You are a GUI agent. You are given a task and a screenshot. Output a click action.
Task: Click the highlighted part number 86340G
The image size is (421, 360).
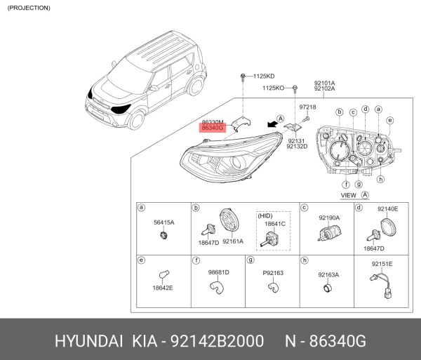click(x=213, y=128)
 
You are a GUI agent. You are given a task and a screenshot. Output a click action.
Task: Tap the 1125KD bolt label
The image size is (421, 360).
click(x=264, y=76)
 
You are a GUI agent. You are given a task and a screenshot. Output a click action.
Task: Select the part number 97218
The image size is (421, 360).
click(x=308, y=107)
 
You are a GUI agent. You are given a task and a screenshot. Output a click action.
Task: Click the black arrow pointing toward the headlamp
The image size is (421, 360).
click(x=272, y=124)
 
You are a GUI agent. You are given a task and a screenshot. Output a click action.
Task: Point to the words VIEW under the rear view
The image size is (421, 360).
click(x=348, y=195)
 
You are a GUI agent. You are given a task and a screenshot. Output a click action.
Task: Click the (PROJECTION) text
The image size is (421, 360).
click(x=29, y=8)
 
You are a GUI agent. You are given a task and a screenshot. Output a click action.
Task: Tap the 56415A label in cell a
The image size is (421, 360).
click(x=163, y=222)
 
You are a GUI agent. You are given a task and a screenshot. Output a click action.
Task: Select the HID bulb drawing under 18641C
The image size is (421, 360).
click(x=269, y=239)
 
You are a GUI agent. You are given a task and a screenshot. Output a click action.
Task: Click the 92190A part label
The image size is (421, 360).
click(x=329, y=218)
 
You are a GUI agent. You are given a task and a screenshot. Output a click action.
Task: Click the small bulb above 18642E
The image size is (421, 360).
click(x=163, y=274)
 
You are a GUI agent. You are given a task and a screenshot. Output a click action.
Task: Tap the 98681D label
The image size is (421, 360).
click(x=218, y=272)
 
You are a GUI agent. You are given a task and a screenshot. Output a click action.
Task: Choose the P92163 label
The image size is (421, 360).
click(x=273, y=273)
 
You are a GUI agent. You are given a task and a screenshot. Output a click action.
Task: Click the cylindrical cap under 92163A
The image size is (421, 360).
click(x=328, y=288)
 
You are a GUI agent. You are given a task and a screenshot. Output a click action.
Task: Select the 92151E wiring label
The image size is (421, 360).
click(x=382, y=264)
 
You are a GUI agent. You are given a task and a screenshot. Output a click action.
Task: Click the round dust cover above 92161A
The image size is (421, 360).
click(x=229, y=220)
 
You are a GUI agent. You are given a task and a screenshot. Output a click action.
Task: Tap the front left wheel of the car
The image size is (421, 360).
click(x=136, y=120)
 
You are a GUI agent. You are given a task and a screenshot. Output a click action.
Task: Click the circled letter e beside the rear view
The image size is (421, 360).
click(x=390, y=121)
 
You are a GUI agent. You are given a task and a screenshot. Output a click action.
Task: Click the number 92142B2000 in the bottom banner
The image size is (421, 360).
click(x=218, y=341)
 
